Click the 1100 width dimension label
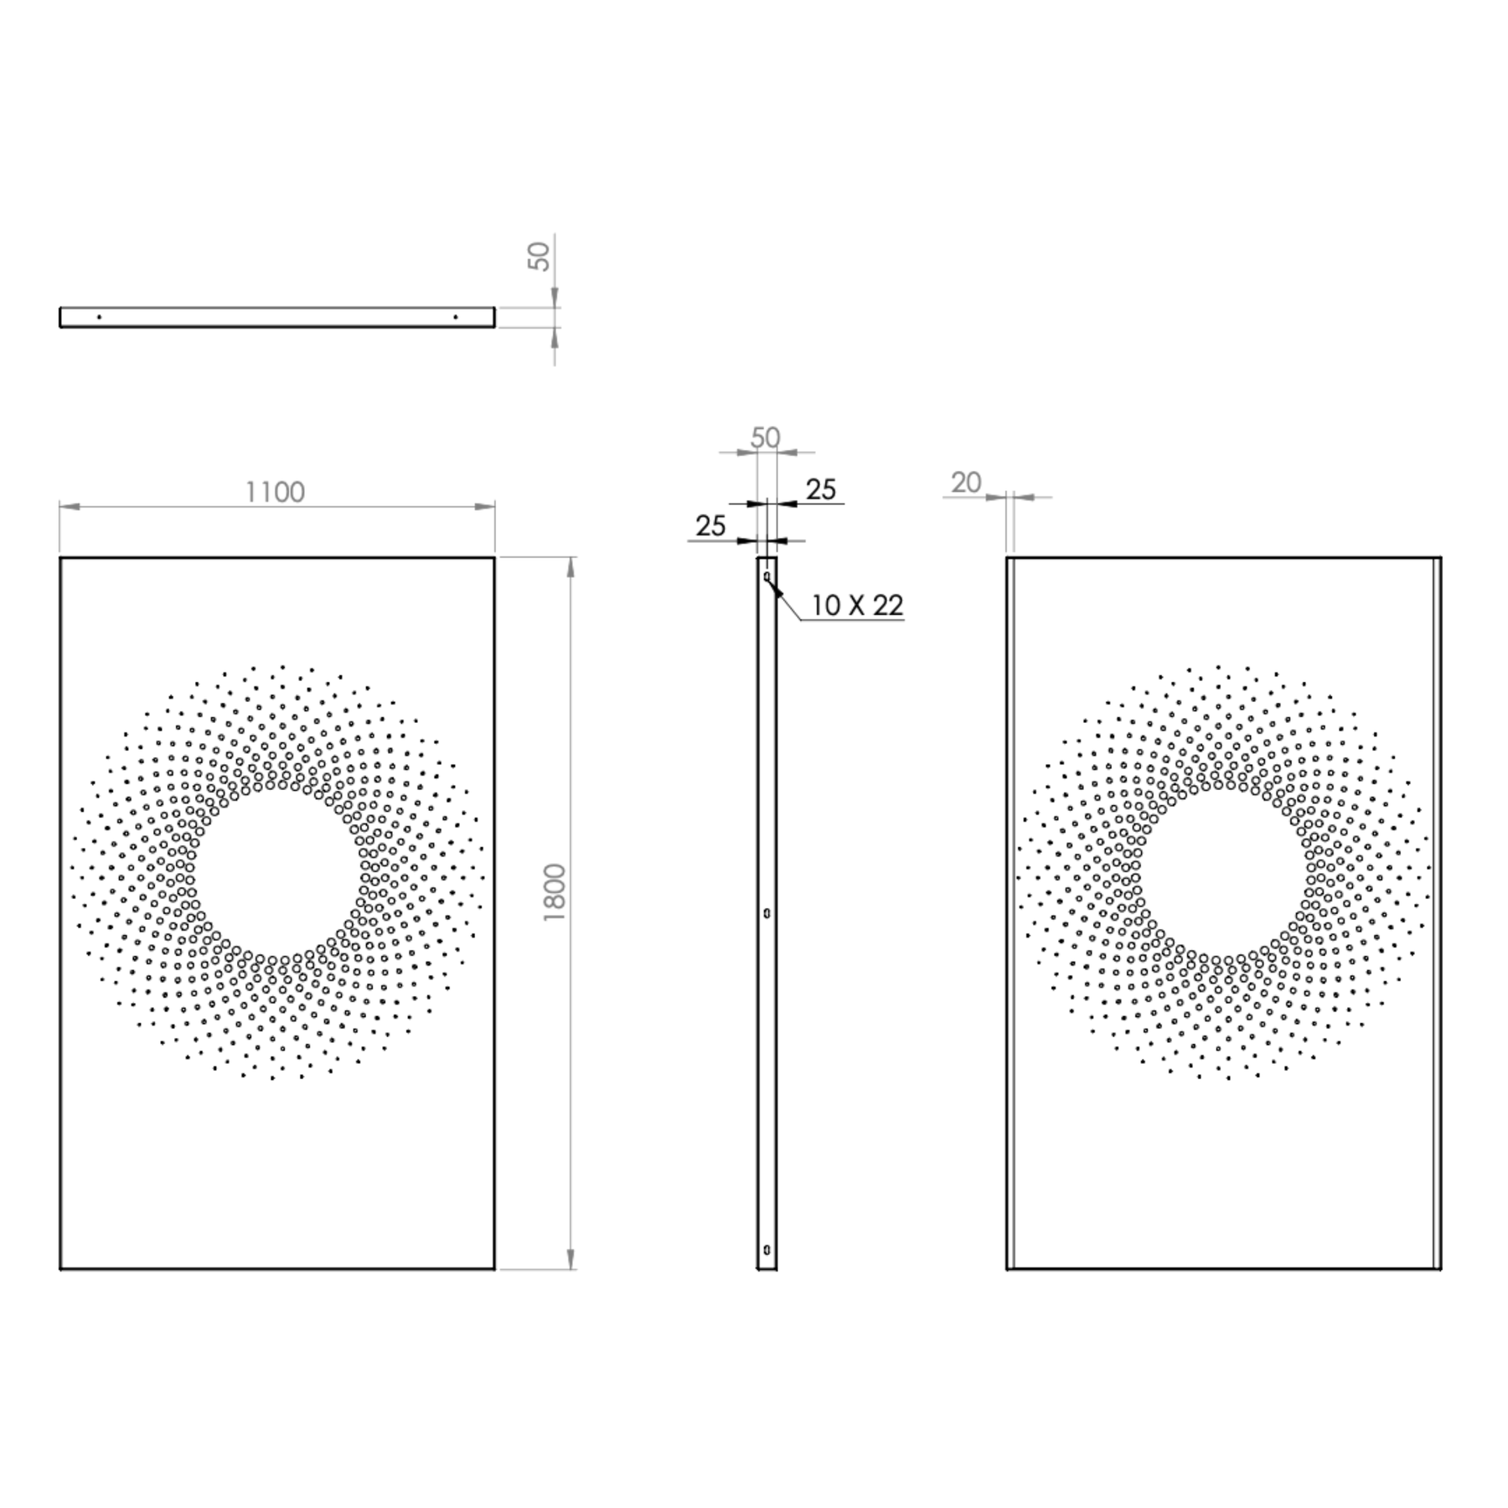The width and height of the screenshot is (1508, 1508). click(x=275, y=492)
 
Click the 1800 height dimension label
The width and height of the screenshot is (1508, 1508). click(x=555, y=893)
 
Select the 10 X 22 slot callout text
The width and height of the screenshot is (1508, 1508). click(x=857, y=605)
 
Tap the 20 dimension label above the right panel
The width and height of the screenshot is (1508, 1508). click(x=966, y=483)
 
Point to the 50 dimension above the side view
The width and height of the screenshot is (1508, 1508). click(x=765, y=437)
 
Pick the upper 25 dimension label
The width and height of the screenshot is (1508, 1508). click(x=821, y=489)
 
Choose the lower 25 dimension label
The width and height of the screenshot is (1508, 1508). click(x=710, y=525)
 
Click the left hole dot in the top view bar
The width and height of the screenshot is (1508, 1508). click(x=99, y=317)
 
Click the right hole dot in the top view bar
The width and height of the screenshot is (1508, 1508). click(x=455, y=317)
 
